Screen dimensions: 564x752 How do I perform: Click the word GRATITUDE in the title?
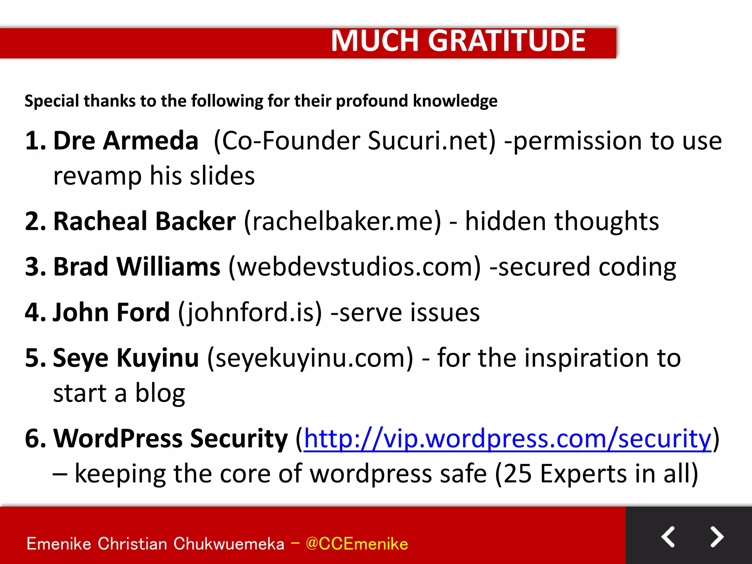(507, 41)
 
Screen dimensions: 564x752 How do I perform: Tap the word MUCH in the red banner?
(375, 41)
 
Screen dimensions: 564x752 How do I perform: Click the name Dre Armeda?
(126, 141)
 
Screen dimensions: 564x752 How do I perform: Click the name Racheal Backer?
(145, 221)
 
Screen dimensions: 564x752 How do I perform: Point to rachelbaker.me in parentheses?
(342, 221)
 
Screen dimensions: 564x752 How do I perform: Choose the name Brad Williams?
(137, 267)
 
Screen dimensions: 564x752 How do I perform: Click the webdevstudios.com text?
(354, 267)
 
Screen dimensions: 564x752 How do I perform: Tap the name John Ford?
(111, 312)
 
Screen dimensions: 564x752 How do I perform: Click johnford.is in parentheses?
(250, 312)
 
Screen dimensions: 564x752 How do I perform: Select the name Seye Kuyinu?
(126, 358)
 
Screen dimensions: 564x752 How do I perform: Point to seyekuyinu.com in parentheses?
(310, 358)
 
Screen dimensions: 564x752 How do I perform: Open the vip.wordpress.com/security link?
(507, 439)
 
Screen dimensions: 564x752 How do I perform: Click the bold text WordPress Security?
(171, 439)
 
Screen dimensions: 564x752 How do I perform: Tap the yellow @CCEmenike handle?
(357, 544)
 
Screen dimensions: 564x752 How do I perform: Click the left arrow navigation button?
(668, 537)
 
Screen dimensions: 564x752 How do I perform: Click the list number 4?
(32, 312)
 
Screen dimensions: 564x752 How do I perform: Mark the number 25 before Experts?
(517, 474)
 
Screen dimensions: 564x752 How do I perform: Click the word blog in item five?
(160, 394)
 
